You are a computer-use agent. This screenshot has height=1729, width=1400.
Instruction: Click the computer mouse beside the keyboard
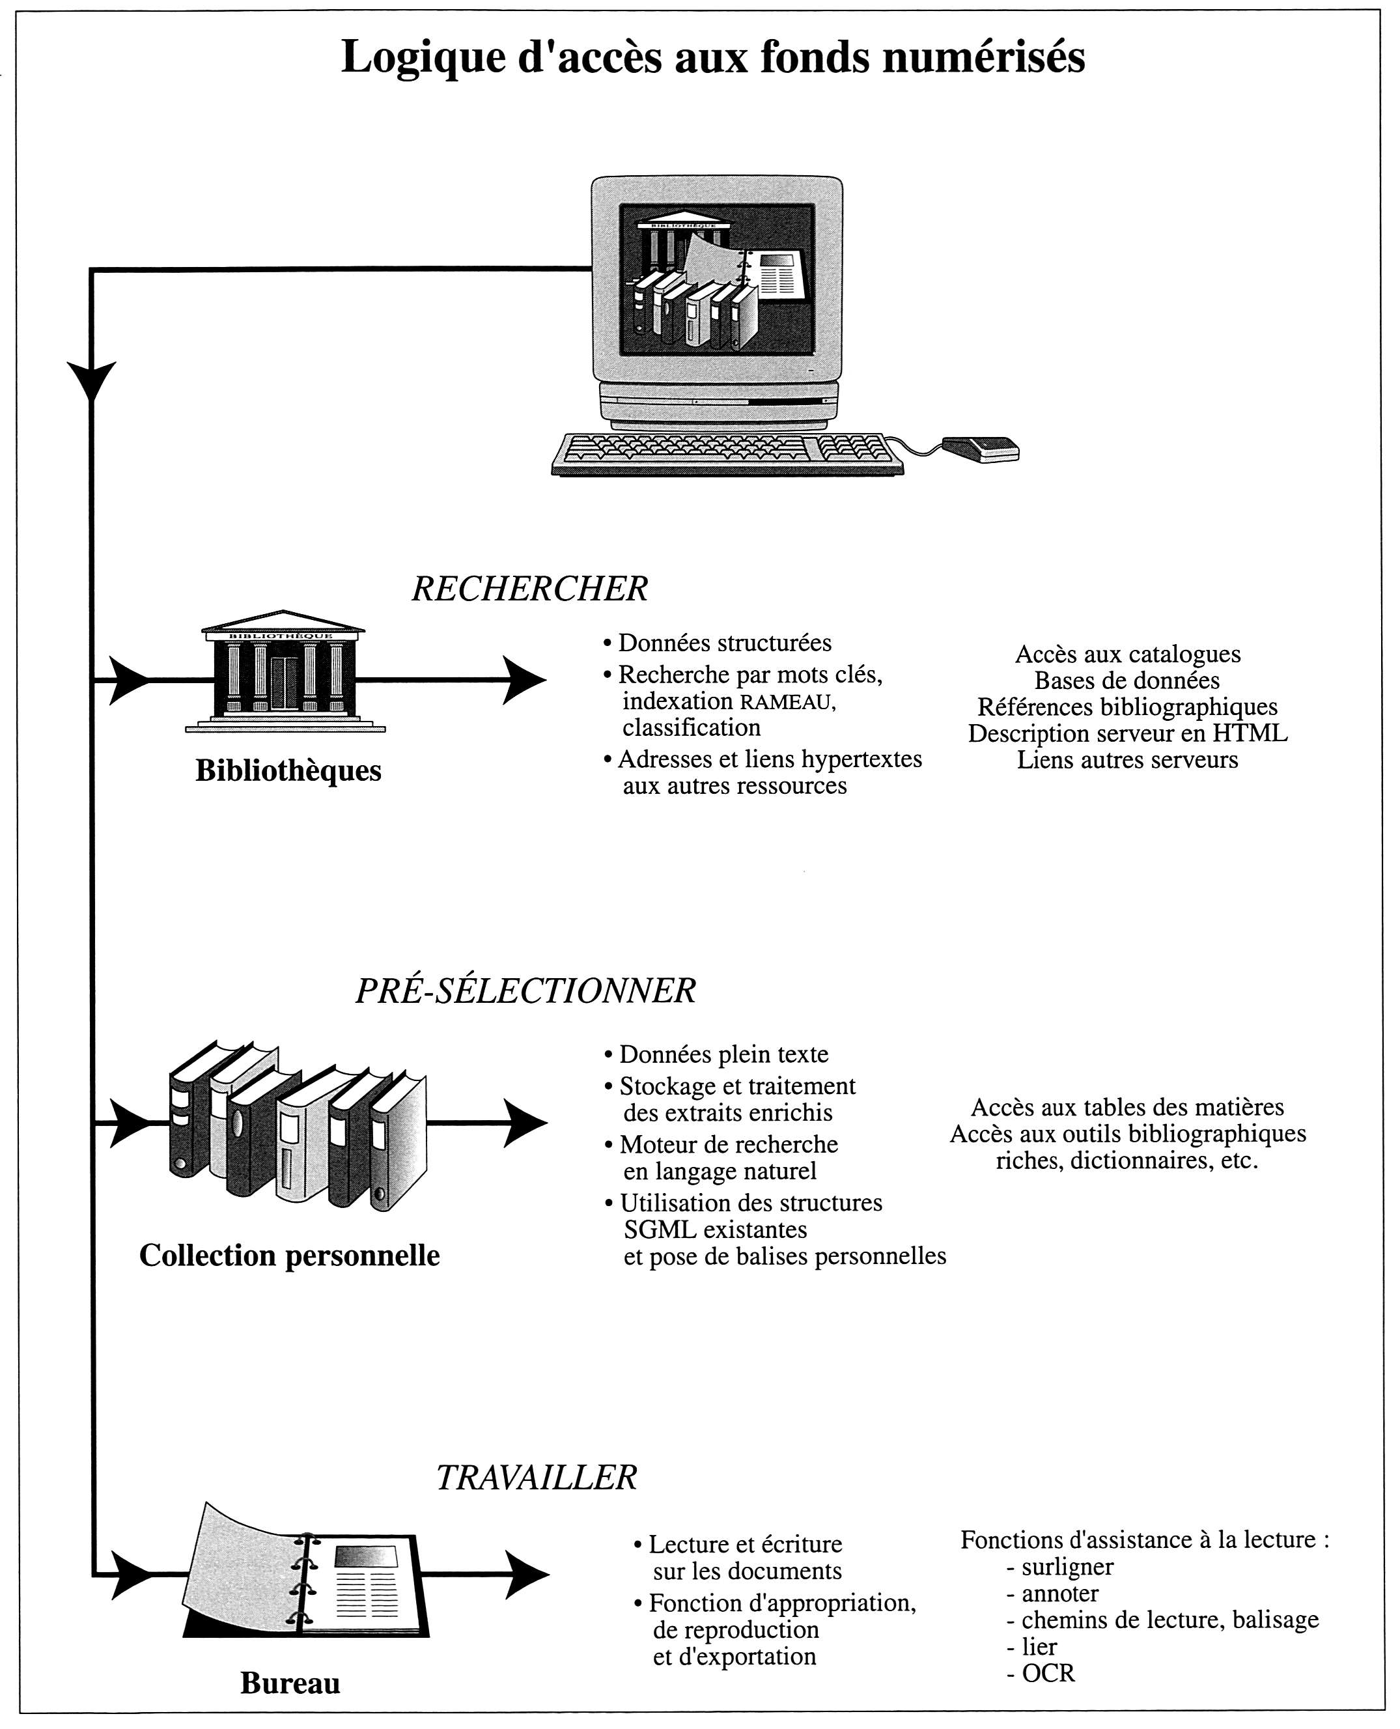click(x=981, y=449)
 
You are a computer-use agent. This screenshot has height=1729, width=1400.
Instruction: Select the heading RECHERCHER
click(x=530, y=589)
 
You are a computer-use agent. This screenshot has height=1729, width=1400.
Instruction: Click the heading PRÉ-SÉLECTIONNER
click(x=525, y=991)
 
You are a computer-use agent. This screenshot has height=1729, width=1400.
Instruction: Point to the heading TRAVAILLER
click(x=537, y=1478)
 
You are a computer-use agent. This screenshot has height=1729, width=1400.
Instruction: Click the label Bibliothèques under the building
click(x=288, y=771)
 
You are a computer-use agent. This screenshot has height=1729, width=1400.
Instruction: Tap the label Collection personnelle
click(x=290, y=1255)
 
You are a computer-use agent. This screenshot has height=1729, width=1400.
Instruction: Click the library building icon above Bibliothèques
click(x=284, y=671)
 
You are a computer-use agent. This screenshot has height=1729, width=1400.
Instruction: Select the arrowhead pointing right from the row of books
click(x=525, y=1123)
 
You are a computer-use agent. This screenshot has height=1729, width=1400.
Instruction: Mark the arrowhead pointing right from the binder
click(x=527, y=1574)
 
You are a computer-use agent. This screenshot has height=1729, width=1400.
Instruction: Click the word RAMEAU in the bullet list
click(x=789, y=703)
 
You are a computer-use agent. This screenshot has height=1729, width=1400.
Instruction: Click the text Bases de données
click(x=1127, y=681)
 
